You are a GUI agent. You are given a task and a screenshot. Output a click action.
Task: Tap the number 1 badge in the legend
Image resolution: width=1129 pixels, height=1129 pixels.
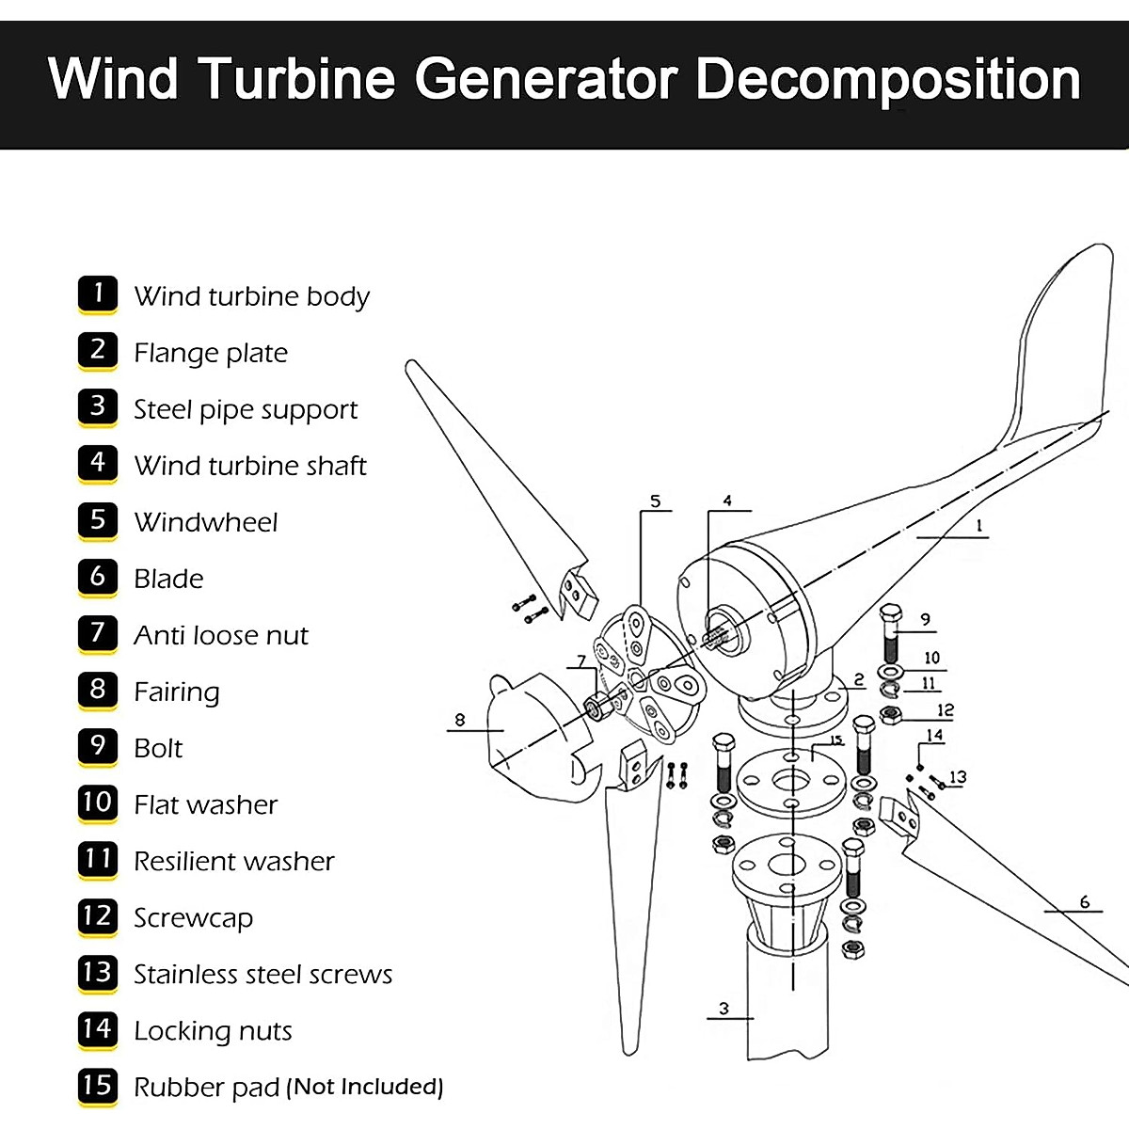click(98, 294)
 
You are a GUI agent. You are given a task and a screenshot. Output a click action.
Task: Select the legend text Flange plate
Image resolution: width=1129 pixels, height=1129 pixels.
click(211, 353)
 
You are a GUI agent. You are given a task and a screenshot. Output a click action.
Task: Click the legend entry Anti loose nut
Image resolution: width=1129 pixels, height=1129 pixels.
click(220, 635)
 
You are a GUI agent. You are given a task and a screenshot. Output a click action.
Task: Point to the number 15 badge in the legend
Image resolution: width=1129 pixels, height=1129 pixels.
click(98, 1086)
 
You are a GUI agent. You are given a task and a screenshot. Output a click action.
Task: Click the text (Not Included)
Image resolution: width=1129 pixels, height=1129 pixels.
click(364, 1087)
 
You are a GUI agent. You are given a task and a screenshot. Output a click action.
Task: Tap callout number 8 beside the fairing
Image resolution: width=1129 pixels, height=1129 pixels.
click(459, 720)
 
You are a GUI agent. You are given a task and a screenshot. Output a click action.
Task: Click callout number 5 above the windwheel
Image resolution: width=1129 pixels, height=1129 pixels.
click(655, 501)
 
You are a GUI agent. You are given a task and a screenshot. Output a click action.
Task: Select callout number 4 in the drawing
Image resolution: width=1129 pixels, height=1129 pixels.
click(726, 501)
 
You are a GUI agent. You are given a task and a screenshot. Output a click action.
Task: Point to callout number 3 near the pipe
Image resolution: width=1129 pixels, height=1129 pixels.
click(723, 1009)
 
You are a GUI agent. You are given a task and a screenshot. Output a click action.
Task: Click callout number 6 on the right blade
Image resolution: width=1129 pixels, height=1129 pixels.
click(1084, 901)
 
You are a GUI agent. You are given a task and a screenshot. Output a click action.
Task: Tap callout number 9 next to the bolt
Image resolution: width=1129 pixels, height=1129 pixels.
click(925, 619)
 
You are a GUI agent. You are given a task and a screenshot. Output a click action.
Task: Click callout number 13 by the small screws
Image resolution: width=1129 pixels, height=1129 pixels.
click(957, 777)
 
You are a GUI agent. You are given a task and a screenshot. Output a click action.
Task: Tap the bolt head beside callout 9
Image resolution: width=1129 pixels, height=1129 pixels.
click(890, 612)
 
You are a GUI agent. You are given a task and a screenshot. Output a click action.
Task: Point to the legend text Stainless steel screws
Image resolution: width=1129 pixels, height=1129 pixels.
click(262, 974)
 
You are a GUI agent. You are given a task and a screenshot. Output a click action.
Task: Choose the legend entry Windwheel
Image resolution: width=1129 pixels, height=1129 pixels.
click(205, 522)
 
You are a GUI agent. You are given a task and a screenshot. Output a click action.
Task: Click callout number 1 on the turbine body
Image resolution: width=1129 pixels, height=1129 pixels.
click(978, 526)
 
